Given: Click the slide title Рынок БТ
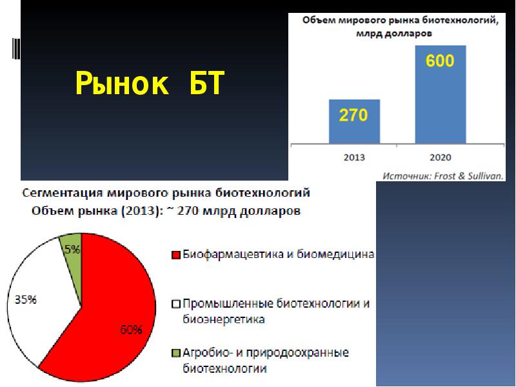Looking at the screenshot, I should pos(150,84).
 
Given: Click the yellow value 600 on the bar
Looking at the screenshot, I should pos(440,61).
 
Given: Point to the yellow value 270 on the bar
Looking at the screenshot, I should pos(353,115).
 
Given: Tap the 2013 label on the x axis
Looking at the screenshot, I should pos(354,157).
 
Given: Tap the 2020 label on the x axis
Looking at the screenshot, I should pos(440,157).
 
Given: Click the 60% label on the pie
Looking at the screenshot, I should pos(131,330).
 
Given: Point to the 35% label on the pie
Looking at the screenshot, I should pos(25,300).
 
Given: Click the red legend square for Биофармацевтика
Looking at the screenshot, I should pos(175,255).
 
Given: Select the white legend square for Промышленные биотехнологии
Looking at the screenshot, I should pos(175,304).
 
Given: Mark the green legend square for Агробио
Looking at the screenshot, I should pos(175,353).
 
